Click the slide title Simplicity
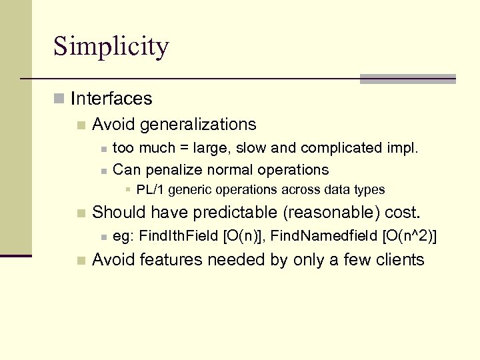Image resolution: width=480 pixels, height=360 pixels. (x=111, y=47)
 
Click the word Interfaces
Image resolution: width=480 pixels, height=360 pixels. (x=111, y=99)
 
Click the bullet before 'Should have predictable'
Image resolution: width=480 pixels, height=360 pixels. (x=81, y=213)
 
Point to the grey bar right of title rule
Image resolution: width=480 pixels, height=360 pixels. (x=407, y=79)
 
